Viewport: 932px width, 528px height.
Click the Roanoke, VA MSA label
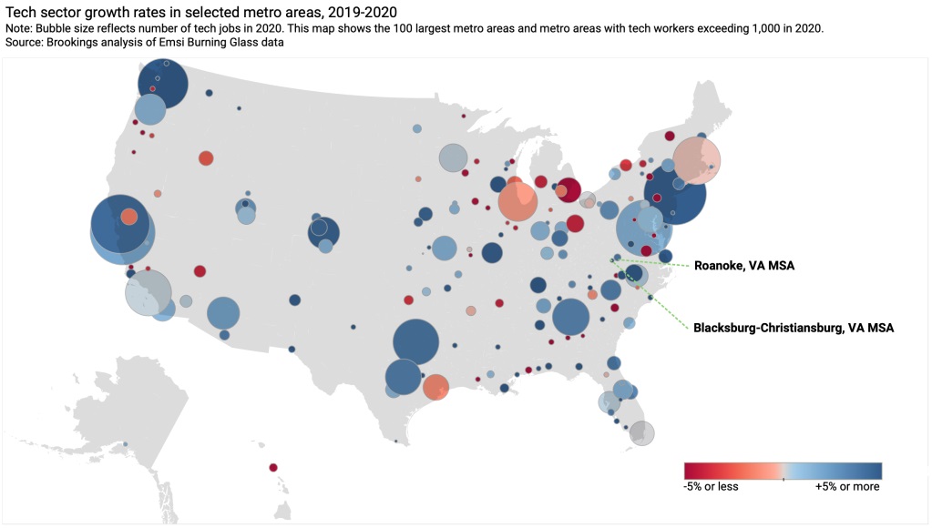point(743,266)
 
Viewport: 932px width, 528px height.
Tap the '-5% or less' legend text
point(711,486)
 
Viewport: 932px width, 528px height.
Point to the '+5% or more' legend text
point(847,486)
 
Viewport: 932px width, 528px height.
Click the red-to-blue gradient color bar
point(783,471)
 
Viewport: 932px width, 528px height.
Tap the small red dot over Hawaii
point(273,468)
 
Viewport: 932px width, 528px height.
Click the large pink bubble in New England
point(697,161)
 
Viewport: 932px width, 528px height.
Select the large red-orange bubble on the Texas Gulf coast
point(435,387)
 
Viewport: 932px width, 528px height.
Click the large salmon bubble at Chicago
point(517,202)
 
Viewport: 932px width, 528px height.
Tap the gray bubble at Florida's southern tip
point(641,432)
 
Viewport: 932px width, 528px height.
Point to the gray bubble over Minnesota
point(453,158)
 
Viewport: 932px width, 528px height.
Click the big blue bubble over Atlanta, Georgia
point(571,318)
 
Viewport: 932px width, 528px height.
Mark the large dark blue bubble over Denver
point(323,232)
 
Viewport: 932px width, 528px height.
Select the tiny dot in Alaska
point(125,444)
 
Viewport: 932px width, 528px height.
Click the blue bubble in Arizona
point(222,313)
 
